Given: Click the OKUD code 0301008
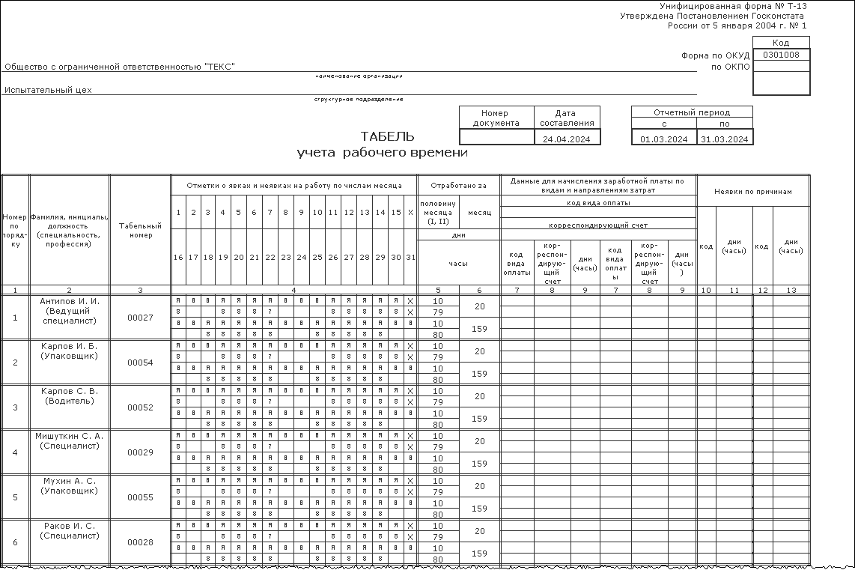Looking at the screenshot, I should click(781, 55).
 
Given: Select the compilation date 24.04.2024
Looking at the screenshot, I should click(567, 139).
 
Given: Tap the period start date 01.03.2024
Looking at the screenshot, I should click(663, 139).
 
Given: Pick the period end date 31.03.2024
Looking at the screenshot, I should click(725, 139).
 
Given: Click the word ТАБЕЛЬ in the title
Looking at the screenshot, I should click(387, 136).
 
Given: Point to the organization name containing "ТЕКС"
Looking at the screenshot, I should click(120, 67).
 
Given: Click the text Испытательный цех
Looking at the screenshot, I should click(48, 90).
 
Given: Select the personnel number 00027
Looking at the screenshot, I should click(140, 318).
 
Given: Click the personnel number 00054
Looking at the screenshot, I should click(140, 363).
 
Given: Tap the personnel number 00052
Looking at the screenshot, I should click(140, 407).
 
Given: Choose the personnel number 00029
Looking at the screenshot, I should click(140, 452).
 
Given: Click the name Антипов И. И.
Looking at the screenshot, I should click(70, 301).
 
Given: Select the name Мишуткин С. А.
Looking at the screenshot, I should click(70, 436).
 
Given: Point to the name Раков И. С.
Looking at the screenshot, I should click(70, 526).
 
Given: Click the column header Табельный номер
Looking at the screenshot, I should click(140, 230).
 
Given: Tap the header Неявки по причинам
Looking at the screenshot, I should click(752, 192).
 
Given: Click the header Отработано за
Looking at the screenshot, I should click(458, 185).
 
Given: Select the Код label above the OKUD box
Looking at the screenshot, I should click(781, 43).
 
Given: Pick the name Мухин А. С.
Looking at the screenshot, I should click(70, 481).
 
